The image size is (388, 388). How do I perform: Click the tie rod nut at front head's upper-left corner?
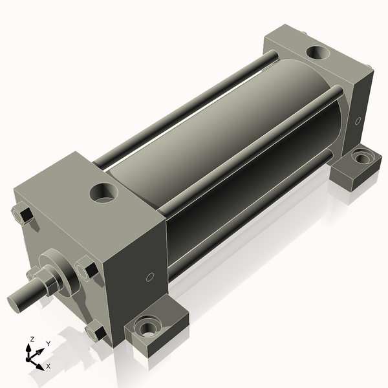tap(23, 214)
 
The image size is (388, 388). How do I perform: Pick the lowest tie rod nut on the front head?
tap(96, 332)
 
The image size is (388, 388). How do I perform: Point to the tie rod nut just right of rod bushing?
tap(87, 268)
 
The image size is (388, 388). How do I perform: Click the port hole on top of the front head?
tap(103, 191)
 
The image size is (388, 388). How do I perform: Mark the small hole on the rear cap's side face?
tap(358, 120)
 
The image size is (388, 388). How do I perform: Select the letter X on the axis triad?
tap(48, 366)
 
